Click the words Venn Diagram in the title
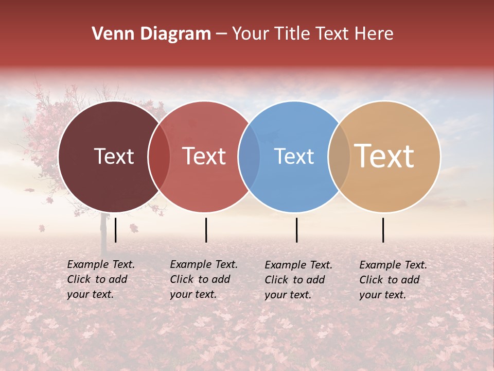click(x=151, y=34)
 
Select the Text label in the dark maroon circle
click(x=114, y=156)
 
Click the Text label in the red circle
click(x=204, y=156)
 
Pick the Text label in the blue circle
click(x=294, y=156)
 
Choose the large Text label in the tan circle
click(x=384, y=156)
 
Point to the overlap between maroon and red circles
click(x=159, y=157)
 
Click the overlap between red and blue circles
click(x=249, y=157)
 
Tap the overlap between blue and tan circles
click(x=339, y=157)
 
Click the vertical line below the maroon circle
click(x=116, y=230)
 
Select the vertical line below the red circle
click(x=206, y=230)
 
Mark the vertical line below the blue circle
click(x=296, y=230)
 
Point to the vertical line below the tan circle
click(x=383, y=230)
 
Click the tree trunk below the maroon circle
click(x=103, y=232)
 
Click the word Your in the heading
click(x=251, y=34)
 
